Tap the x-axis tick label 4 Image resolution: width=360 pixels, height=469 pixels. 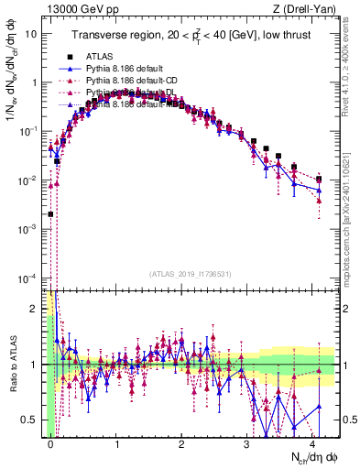click(312, 442)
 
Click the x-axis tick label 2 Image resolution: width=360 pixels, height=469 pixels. click(181, 442)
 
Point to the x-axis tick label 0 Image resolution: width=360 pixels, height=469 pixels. click(50, 442)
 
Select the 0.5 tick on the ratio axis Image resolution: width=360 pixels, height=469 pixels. click(32, 420)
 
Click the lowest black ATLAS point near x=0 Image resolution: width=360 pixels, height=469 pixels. click(50, 214)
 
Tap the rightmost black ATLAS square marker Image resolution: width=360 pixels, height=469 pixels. click(319, 180)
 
